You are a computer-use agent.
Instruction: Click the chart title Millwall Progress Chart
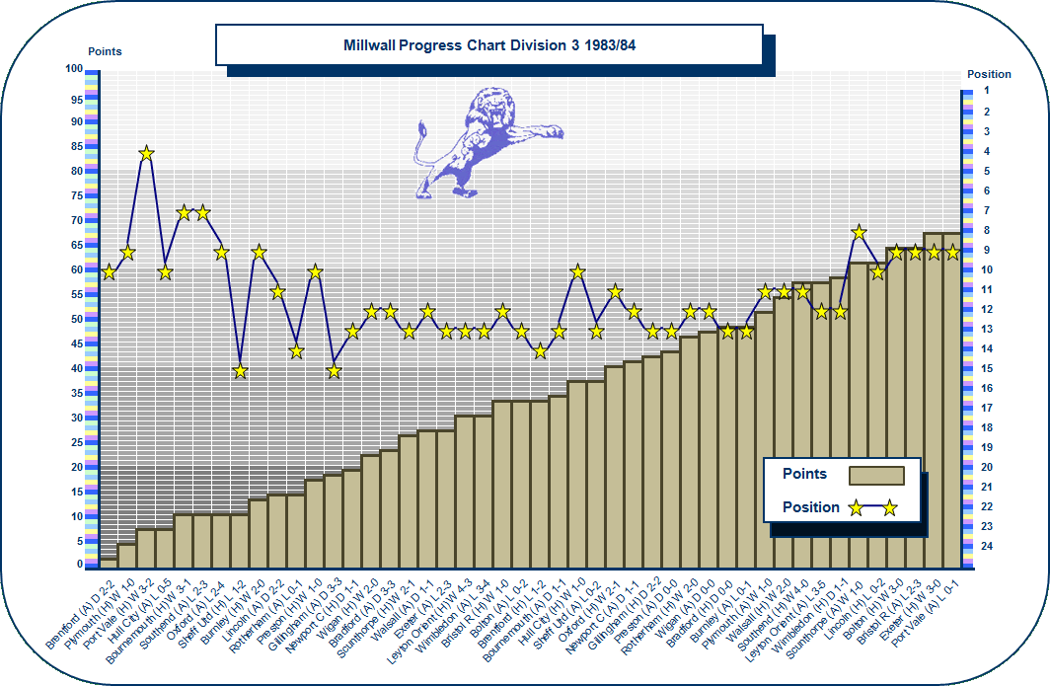coord(488,45)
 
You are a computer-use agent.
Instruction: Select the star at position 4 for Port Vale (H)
coord(146,153)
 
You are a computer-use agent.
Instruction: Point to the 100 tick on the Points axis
coord(74,69)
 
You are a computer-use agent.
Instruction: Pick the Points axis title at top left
coord(105,51)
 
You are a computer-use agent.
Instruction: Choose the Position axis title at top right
coord(989,74)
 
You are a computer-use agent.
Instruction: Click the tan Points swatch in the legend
coord(876,476)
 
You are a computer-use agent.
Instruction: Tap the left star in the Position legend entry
coord(856,508)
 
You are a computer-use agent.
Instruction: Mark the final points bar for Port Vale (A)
coord(952,395)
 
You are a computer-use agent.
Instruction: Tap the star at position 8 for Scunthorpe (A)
coord(859,232)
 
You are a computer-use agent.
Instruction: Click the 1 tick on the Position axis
coord(986,91)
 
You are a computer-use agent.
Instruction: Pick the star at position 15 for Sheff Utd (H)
coord(240,371)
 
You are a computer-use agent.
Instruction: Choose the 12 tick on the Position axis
coord(986,309)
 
